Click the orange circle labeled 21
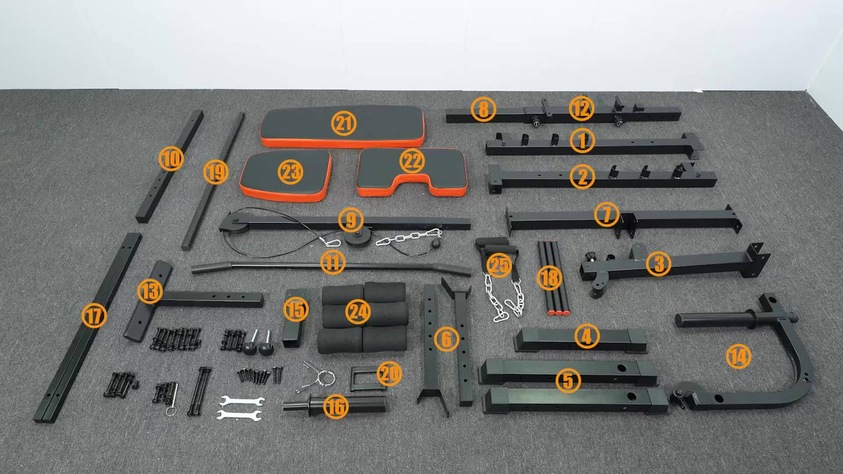click(343, 124)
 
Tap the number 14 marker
click(739, 356)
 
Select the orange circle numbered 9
click(351, 220)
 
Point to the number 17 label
click(94, 317)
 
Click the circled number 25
click(499, 265)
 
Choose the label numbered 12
click(581, 108)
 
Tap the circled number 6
click(446, 339)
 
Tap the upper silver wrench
click(240, 401)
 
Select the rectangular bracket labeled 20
click(362, 378)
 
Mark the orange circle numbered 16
click(335, 408)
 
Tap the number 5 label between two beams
click(568, 381)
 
